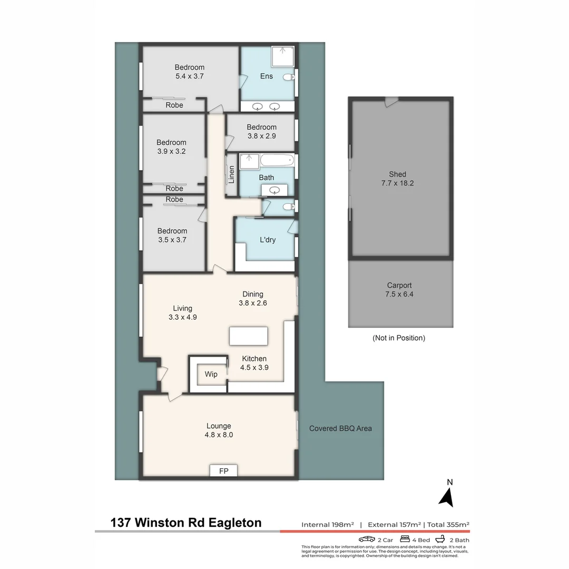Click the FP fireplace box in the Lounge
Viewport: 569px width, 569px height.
[223, 470]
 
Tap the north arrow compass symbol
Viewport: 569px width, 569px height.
[447, 496]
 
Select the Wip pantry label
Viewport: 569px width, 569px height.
[211, 375]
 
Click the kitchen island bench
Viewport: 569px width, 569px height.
[248, 336]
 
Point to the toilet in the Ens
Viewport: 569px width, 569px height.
[289, 77]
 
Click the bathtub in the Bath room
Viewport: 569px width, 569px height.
[275, 160]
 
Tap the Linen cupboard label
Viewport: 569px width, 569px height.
[231, 175]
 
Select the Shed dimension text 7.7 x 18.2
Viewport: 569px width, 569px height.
[398, 183]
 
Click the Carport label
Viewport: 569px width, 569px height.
[399, 286]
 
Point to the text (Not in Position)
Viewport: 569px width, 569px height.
[398, 338]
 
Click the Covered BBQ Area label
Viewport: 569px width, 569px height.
[340, 428]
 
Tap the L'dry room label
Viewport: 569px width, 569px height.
[268, 240]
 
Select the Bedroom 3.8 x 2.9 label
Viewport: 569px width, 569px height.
[262, 131]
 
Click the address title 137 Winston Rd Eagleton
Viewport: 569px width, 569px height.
[186, 523]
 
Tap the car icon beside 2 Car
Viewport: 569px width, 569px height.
[367, 539]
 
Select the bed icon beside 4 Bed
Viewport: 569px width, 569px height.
[405, 539]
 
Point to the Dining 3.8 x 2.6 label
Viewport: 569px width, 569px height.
[252, 298]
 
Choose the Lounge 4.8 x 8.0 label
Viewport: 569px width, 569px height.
[219, 430]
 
